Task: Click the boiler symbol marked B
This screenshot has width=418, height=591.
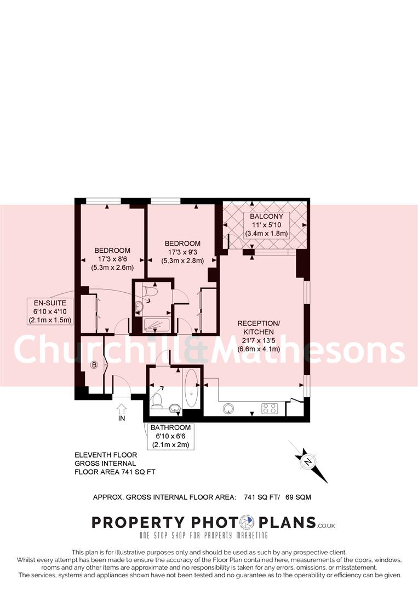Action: click(94, 365)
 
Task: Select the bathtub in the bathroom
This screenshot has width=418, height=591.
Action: click(192, 388)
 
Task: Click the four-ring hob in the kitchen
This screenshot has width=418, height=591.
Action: click(270, 408)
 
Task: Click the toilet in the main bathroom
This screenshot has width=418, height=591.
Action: click(157, 400)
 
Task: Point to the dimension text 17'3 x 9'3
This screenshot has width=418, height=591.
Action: click(182, 252)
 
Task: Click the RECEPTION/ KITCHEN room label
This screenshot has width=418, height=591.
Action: click(259, 327)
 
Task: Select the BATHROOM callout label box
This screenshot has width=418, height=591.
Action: click(171, 436)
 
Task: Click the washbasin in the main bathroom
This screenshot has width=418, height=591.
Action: click(175, 407)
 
